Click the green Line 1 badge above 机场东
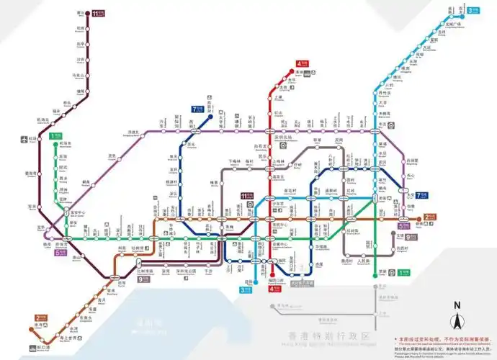[x=55, y=135]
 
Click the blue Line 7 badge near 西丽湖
[x=197, y=109]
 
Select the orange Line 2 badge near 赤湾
[x=41, y=318]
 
